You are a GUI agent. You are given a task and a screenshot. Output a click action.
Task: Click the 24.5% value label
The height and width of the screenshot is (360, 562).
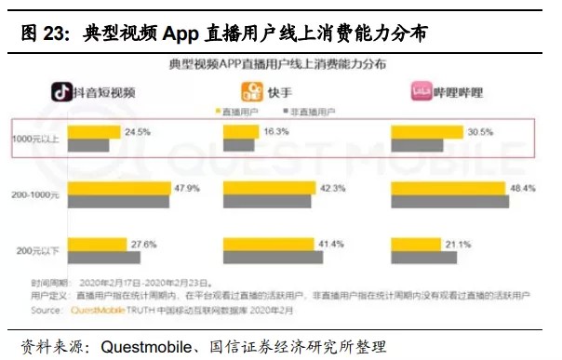point(138,132)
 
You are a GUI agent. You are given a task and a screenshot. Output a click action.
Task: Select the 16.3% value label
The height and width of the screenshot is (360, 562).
point(276,132)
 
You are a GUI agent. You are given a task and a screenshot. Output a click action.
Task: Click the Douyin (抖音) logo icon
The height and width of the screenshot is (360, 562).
point(64,91)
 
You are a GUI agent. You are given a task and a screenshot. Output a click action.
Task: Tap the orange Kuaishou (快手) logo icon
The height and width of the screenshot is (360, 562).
point(250,91)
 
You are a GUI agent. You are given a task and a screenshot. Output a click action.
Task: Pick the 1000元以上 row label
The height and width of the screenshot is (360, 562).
point(36,140)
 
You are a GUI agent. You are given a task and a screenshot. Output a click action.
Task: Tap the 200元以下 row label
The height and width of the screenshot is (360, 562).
point(38,250)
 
